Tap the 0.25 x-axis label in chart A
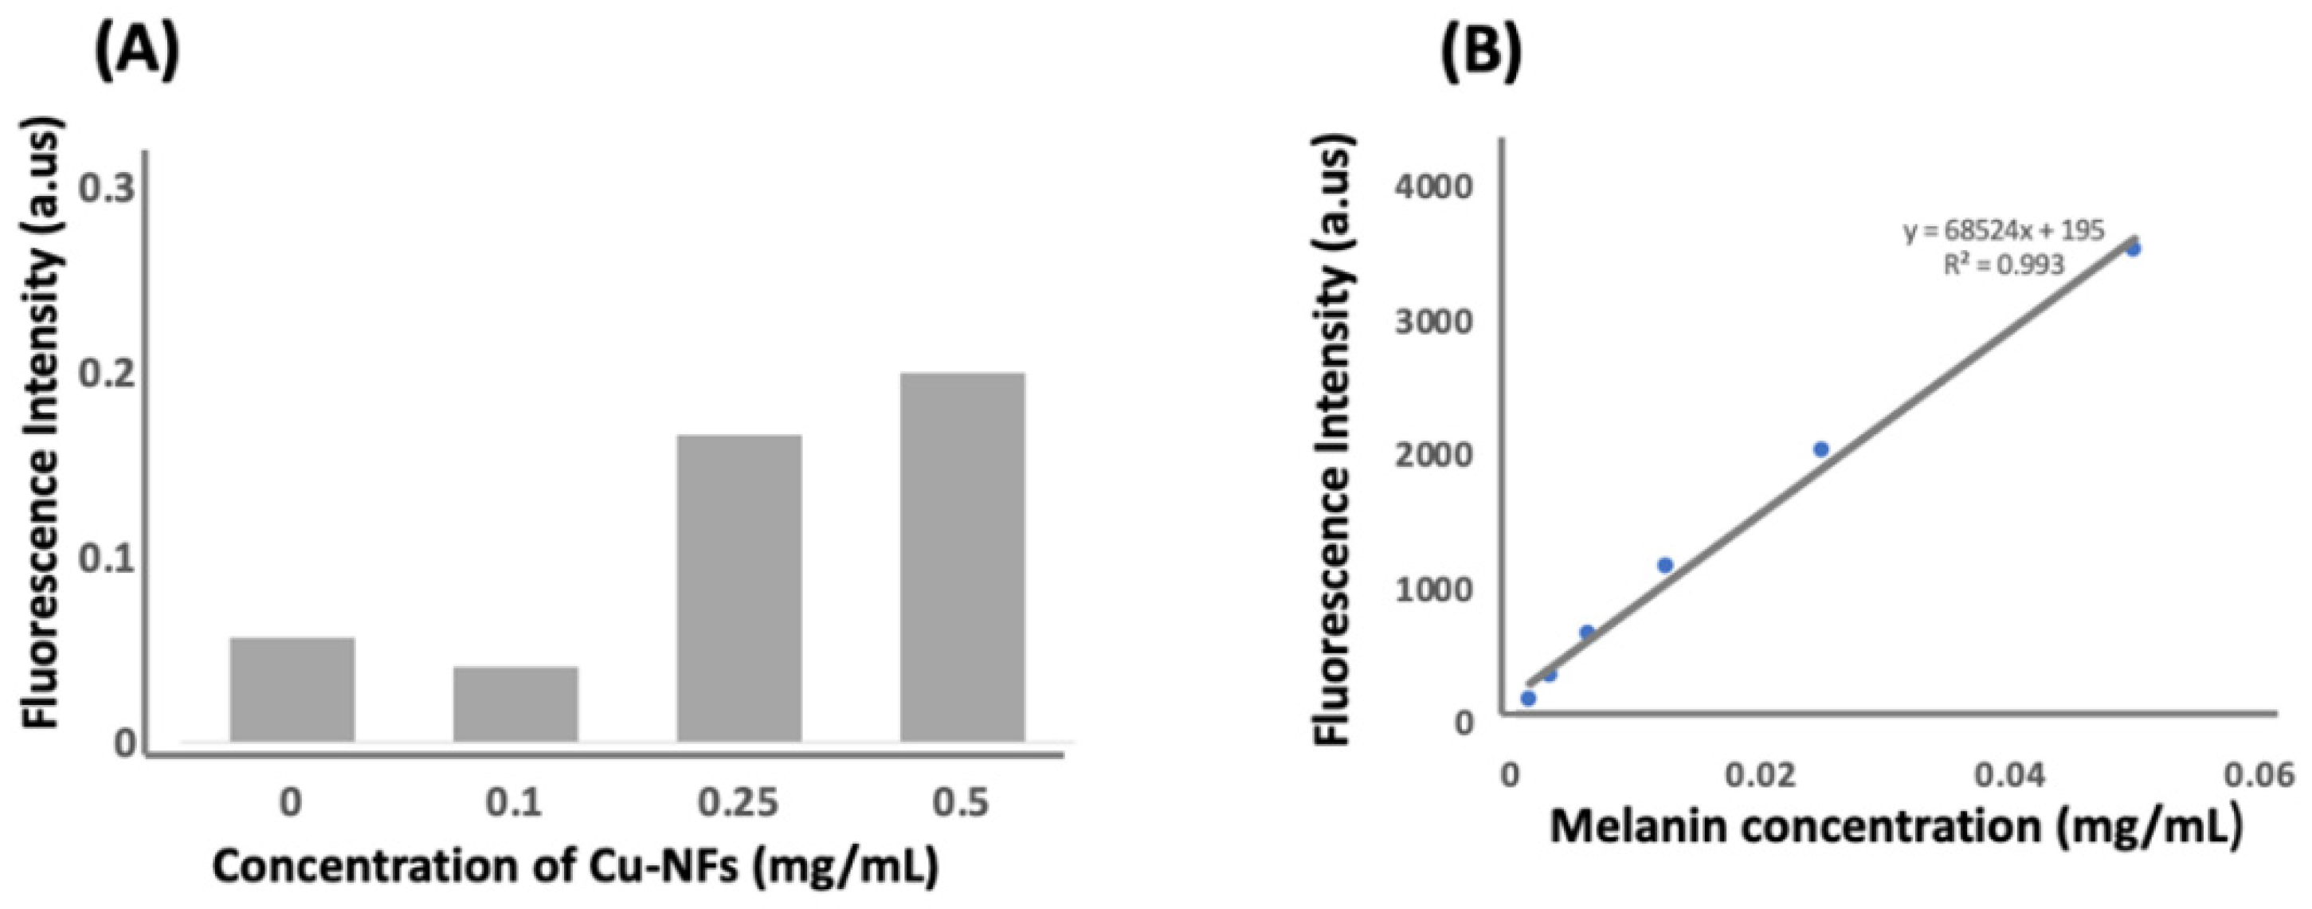pyautogui.click(x=739, y=801)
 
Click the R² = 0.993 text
pyautogui.click(x=2003, y=264)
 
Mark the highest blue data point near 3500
pyautogui.click(x=2134, y=249)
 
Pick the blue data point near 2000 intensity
pyautogui.click(x=1821, y=449)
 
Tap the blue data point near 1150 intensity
pyautogui.click(x=1665, y=564)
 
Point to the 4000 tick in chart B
pyautogui.click(x=1433, y=187)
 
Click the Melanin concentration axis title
pyautogui.click(x=1896, y=826)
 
